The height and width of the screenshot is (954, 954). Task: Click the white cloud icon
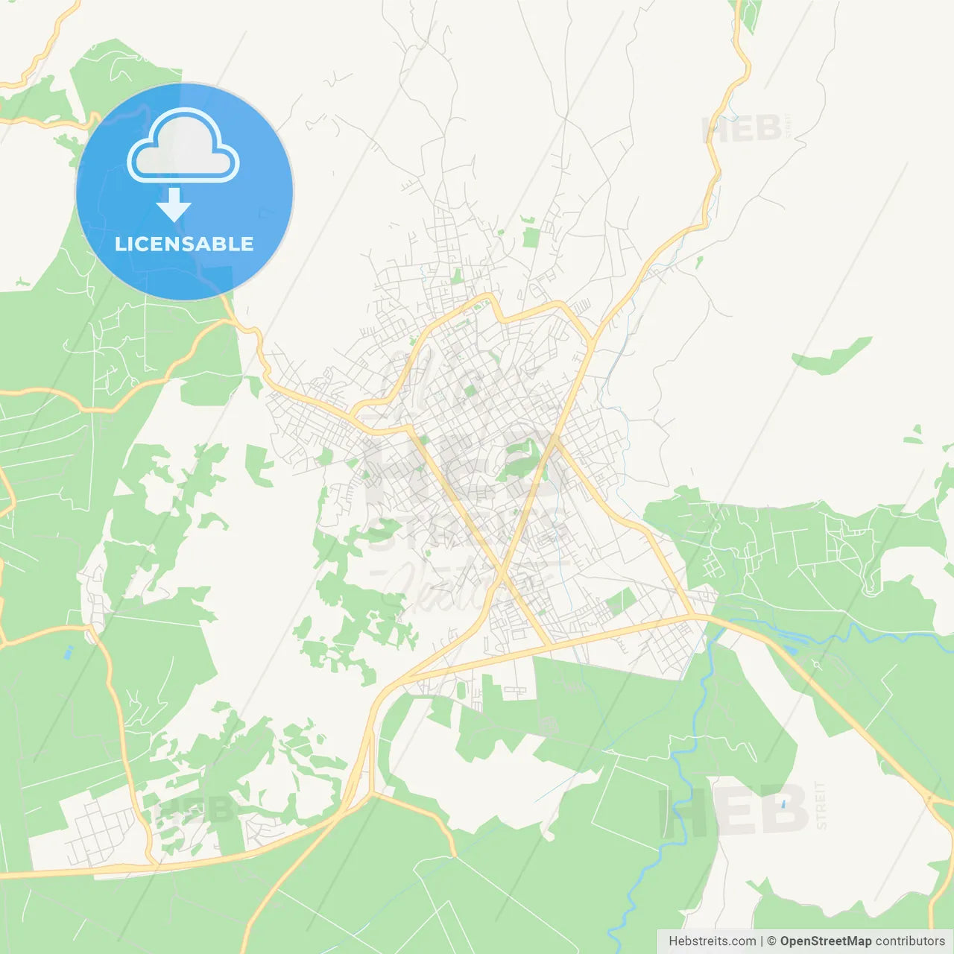[183, 148]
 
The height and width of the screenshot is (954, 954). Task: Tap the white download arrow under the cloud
[174, 204]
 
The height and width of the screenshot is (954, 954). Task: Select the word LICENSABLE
[184, 244]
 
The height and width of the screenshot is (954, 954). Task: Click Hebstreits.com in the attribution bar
[712, 941]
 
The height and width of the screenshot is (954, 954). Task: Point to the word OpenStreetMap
[825, 941]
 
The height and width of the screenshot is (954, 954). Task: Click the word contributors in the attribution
[910, 941]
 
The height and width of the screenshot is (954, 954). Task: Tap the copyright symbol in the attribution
[771, 941]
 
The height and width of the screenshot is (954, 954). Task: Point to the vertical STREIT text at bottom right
[821, 806]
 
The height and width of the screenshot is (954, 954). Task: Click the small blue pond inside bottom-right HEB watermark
[783, 804]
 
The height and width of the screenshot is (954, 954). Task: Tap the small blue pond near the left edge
[69, 653]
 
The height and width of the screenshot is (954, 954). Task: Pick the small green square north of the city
[530, 238]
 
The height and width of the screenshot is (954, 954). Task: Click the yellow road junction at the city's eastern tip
[693, 616]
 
